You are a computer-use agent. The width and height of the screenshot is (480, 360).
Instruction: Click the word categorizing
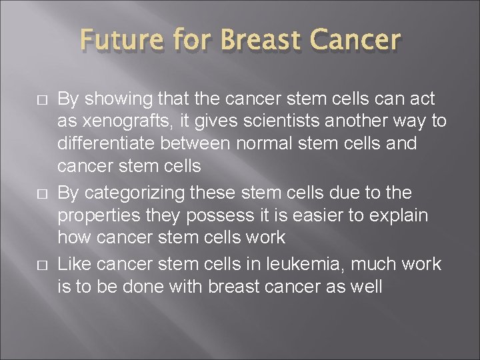click(x=140, y=193)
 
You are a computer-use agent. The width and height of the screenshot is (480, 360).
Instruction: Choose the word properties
click(x=97, y=215)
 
